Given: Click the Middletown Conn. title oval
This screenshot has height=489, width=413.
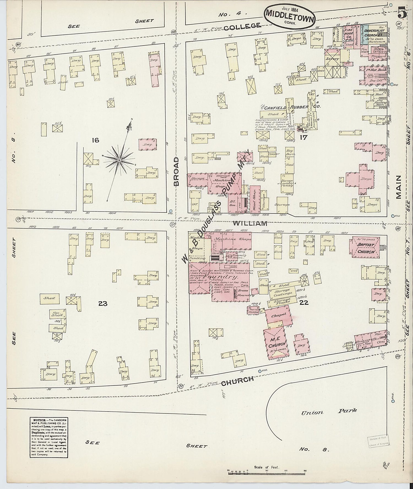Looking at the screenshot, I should (x=289, y=17).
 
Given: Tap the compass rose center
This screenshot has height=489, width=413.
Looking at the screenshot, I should (x=119, y=160).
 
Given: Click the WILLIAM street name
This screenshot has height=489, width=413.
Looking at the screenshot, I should (x=250, y=223).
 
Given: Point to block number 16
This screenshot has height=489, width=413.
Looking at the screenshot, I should (x=95, y=140).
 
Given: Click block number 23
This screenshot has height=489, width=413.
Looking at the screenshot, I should (x=103, y=303).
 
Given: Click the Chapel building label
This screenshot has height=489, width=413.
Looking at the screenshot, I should (x=279, y=315).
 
